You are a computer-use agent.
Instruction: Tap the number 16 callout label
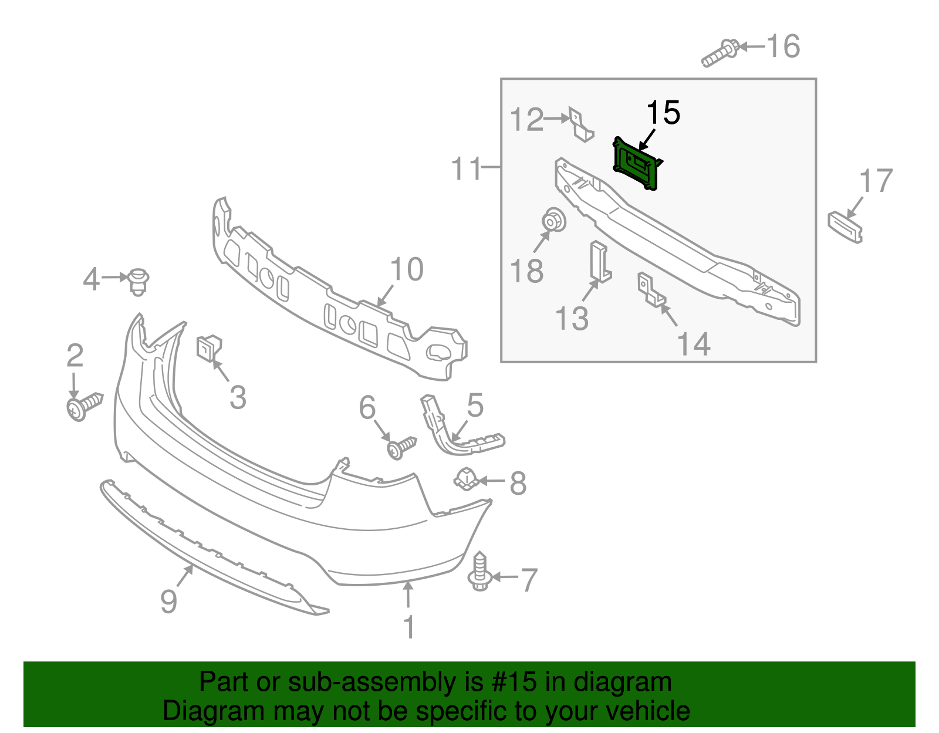tap(783, 46)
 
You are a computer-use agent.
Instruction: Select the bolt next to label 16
tap(721, 53)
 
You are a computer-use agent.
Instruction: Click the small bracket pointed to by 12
tap(580, 125)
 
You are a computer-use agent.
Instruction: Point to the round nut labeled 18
tap(553, 221)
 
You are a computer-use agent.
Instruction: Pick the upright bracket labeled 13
tap(600, 262)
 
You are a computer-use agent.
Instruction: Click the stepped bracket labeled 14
tap(651, 291)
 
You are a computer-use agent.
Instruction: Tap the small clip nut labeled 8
tap(465, 479)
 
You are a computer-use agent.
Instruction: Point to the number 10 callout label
tap(406, 269)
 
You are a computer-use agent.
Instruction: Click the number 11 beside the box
tap(465, 169)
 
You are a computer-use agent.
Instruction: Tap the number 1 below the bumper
tap(409, 627)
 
